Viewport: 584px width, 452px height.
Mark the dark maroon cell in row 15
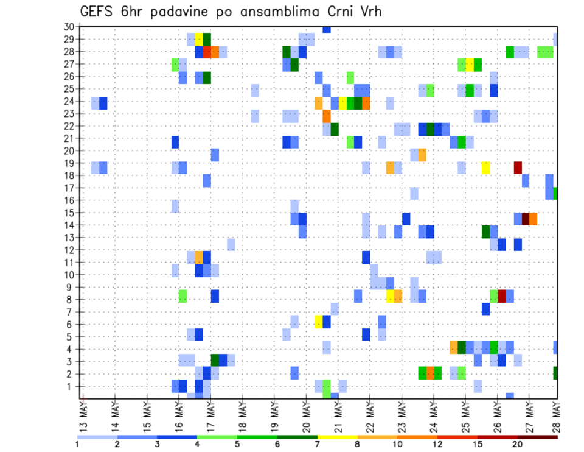coord(526,217)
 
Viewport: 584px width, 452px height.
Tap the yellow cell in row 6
coord(318,321)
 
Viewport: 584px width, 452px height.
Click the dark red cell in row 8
coord(502,296)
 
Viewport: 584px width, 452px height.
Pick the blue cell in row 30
coord(327,29)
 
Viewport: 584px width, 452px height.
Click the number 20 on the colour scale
coord(517,444)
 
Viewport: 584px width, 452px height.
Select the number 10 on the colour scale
coord(398,444)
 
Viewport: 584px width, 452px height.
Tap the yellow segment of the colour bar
coord(338,437)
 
